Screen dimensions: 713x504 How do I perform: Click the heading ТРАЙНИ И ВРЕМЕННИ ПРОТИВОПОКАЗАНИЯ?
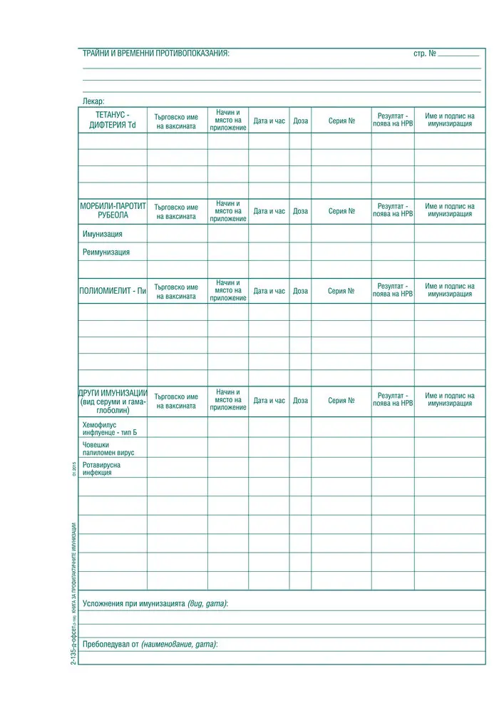click(x=156, y=53)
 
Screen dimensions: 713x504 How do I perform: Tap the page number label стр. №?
click(x=425, y=53)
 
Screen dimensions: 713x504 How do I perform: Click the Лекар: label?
click(x=93, y=101)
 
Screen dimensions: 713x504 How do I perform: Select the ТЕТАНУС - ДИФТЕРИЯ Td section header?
click(x=113, y=120)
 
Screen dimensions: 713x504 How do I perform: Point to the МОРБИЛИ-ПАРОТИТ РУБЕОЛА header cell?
click(x=113, y=210)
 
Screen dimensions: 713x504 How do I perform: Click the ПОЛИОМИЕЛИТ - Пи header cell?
click(x=113, y=291)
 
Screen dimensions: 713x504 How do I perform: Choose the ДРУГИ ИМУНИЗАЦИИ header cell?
click(x=113, y=401)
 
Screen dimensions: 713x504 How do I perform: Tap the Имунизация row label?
click(x=103, y=234)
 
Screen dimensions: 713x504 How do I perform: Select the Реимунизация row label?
click(x=106, y=252)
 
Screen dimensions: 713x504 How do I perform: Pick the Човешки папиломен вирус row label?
click(x=108, y=448)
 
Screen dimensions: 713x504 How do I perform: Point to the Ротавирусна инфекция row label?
click(x=101, y=468)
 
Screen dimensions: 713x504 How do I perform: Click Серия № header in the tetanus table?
click(x=341, y=121)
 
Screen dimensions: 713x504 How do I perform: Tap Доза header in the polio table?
click(x=300, y=291)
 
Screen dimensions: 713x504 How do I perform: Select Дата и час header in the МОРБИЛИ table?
click(x=269, y=211)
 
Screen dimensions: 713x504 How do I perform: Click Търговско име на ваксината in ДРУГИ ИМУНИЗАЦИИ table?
click(x=176, y=401)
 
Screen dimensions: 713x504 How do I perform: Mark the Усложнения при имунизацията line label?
click(x=155, y=603)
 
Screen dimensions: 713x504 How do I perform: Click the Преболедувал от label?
click(x=150, y=644)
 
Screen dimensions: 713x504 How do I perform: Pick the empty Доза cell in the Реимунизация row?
click(x=300, y=252)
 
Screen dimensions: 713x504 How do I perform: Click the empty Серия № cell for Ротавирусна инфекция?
click(x=341, y=468)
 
